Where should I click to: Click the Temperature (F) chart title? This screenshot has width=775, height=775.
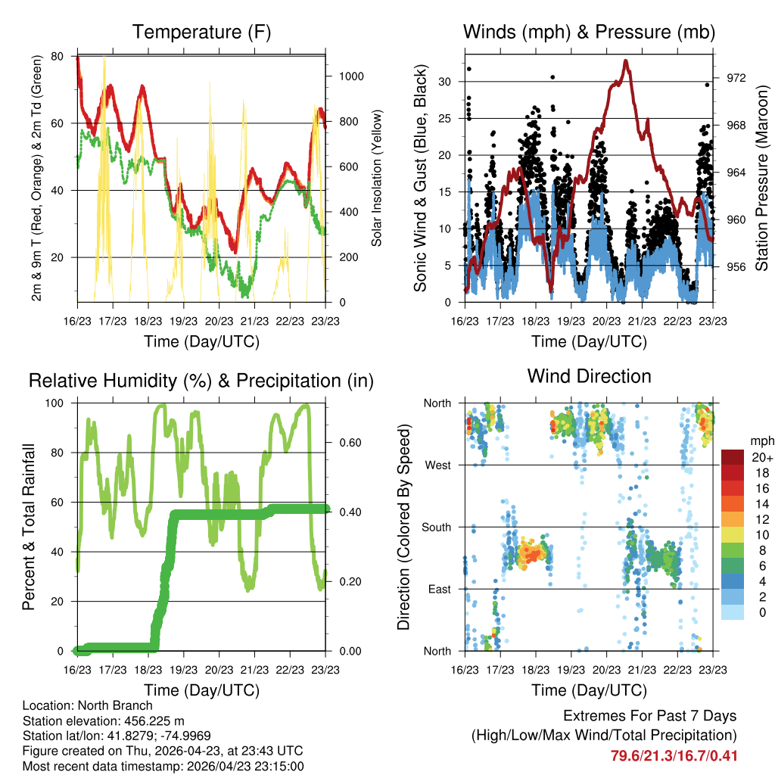201,32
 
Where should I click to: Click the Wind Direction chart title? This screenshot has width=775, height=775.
589,376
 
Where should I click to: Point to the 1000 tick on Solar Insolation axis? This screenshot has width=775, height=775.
351,76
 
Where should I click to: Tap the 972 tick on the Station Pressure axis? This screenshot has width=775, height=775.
736,78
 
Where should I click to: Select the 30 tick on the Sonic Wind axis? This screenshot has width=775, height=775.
444,82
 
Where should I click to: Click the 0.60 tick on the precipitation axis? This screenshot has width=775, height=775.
350,443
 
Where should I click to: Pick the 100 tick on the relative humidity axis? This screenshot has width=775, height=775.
54,403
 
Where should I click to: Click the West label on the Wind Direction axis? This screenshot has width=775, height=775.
437,465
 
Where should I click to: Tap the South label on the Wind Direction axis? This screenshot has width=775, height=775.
436,528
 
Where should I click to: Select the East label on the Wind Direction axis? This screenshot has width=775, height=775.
439,589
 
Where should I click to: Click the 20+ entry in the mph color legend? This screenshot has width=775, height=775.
761,457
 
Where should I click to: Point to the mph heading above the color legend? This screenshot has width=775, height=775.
761,441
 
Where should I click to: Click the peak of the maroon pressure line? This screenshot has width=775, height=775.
626,61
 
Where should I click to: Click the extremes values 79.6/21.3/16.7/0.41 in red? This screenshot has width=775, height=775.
674,756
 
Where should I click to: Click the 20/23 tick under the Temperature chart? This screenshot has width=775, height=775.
219,321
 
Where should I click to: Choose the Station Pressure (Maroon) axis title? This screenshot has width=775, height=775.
761,178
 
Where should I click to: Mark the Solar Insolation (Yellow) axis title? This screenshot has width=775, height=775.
377,178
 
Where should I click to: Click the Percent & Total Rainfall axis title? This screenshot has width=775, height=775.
29,527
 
